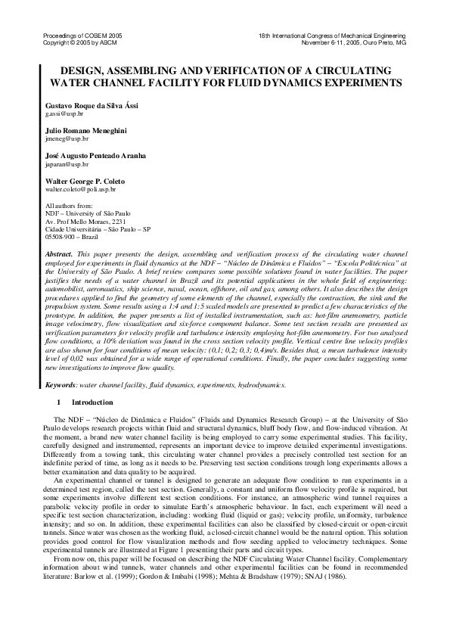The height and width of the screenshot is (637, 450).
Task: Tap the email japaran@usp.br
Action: click(67, 164)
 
